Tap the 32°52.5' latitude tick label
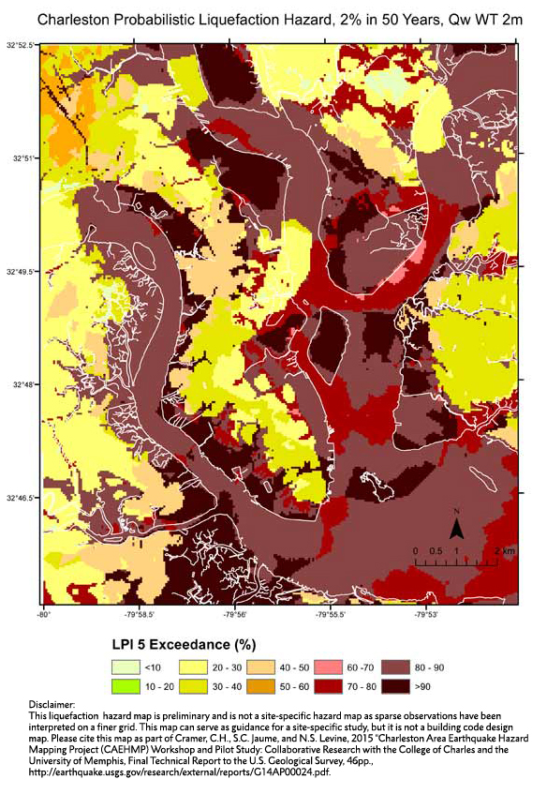pyautogui.click(x=20, y=44)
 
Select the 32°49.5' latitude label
pyautogui.click(x=20, y=271)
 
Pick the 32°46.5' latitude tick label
pyautogui.click(x=20, y=498)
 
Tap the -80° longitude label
pyautogui.click(x=43, y=615)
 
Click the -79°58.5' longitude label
pyautogui.click(x=139, y=615)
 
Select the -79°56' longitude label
pyautogui.click(x=235, y=615)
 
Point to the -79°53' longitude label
pyautogui.click(x=427, y=615)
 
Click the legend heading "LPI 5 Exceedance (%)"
pyautogui.click(x=178, y=645)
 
